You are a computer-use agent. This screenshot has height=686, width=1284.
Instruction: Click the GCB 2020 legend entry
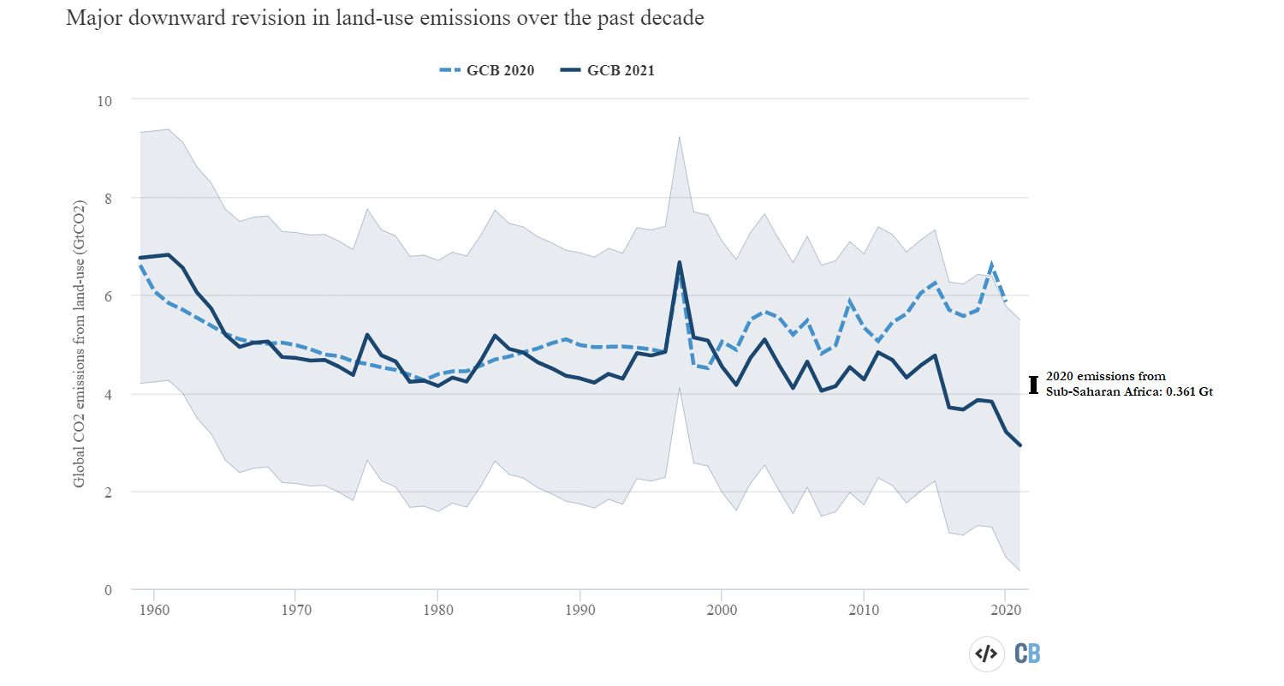[x=485, y=71]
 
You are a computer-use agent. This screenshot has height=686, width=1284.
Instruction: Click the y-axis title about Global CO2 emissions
[x=80, y=345]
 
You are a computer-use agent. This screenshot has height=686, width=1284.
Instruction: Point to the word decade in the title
[x=674, y=18]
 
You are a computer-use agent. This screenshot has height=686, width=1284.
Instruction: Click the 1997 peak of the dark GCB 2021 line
[x=679, y=262]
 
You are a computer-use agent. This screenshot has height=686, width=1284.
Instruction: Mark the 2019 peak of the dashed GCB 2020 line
[x=991, y=264]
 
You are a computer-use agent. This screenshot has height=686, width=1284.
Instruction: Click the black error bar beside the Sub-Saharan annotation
[x=1034, y=384]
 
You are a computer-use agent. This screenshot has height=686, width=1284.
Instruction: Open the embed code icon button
[x=986, y=653]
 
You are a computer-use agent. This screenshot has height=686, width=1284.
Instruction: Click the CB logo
[x=1027, y=653]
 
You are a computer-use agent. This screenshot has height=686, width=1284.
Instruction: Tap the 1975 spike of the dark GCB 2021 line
[x=366, y=335]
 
